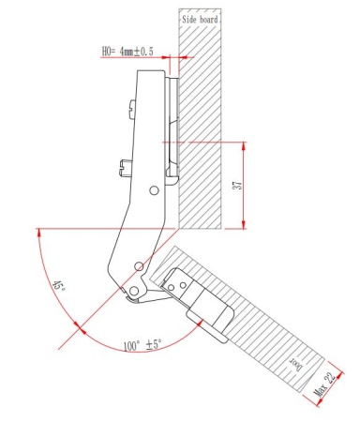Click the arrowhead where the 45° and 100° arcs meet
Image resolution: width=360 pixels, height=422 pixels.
79,331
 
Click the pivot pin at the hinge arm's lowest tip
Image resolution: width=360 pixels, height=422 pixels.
132,294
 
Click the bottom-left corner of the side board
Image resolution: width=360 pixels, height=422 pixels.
181,228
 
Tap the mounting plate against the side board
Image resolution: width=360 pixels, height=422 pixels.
172,131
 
